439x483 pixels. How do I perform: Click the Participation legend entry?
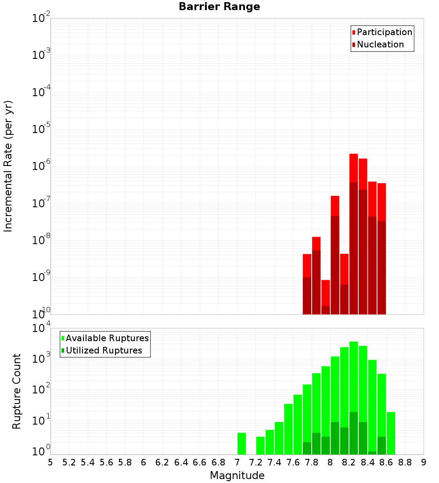coord(384,32)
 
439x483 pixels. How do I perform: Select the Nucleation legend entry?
coord(380,44)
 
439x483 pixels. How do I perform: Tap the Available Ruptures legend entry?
coord(107,338)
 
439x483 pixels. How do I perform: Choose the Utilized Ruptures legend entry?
coord(104,350)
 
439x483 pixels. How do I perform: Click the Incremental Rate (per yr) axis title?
coord(8,166)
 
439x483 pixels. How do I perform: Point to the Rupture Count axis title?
coord(17,391)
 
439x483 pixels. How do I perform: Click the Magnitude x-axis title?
coord(237,476)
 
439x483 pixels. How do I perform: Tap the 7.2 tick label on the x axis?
coord(255,462)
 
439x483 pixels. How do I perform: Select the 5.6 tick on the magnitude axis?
coord(106,462)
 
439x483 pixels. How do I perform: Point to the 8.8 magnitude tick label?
coord(405,462)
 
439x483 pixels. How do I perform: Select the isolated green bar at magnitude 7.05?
coord(241,443)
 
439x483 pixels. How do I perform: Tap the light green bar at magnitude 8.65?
coord(391,433)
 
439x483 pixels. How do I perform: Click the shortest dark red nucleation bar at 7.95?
coord(326,310)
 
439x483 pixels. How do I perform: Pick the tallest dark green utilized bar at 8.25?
coord(354,433)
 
